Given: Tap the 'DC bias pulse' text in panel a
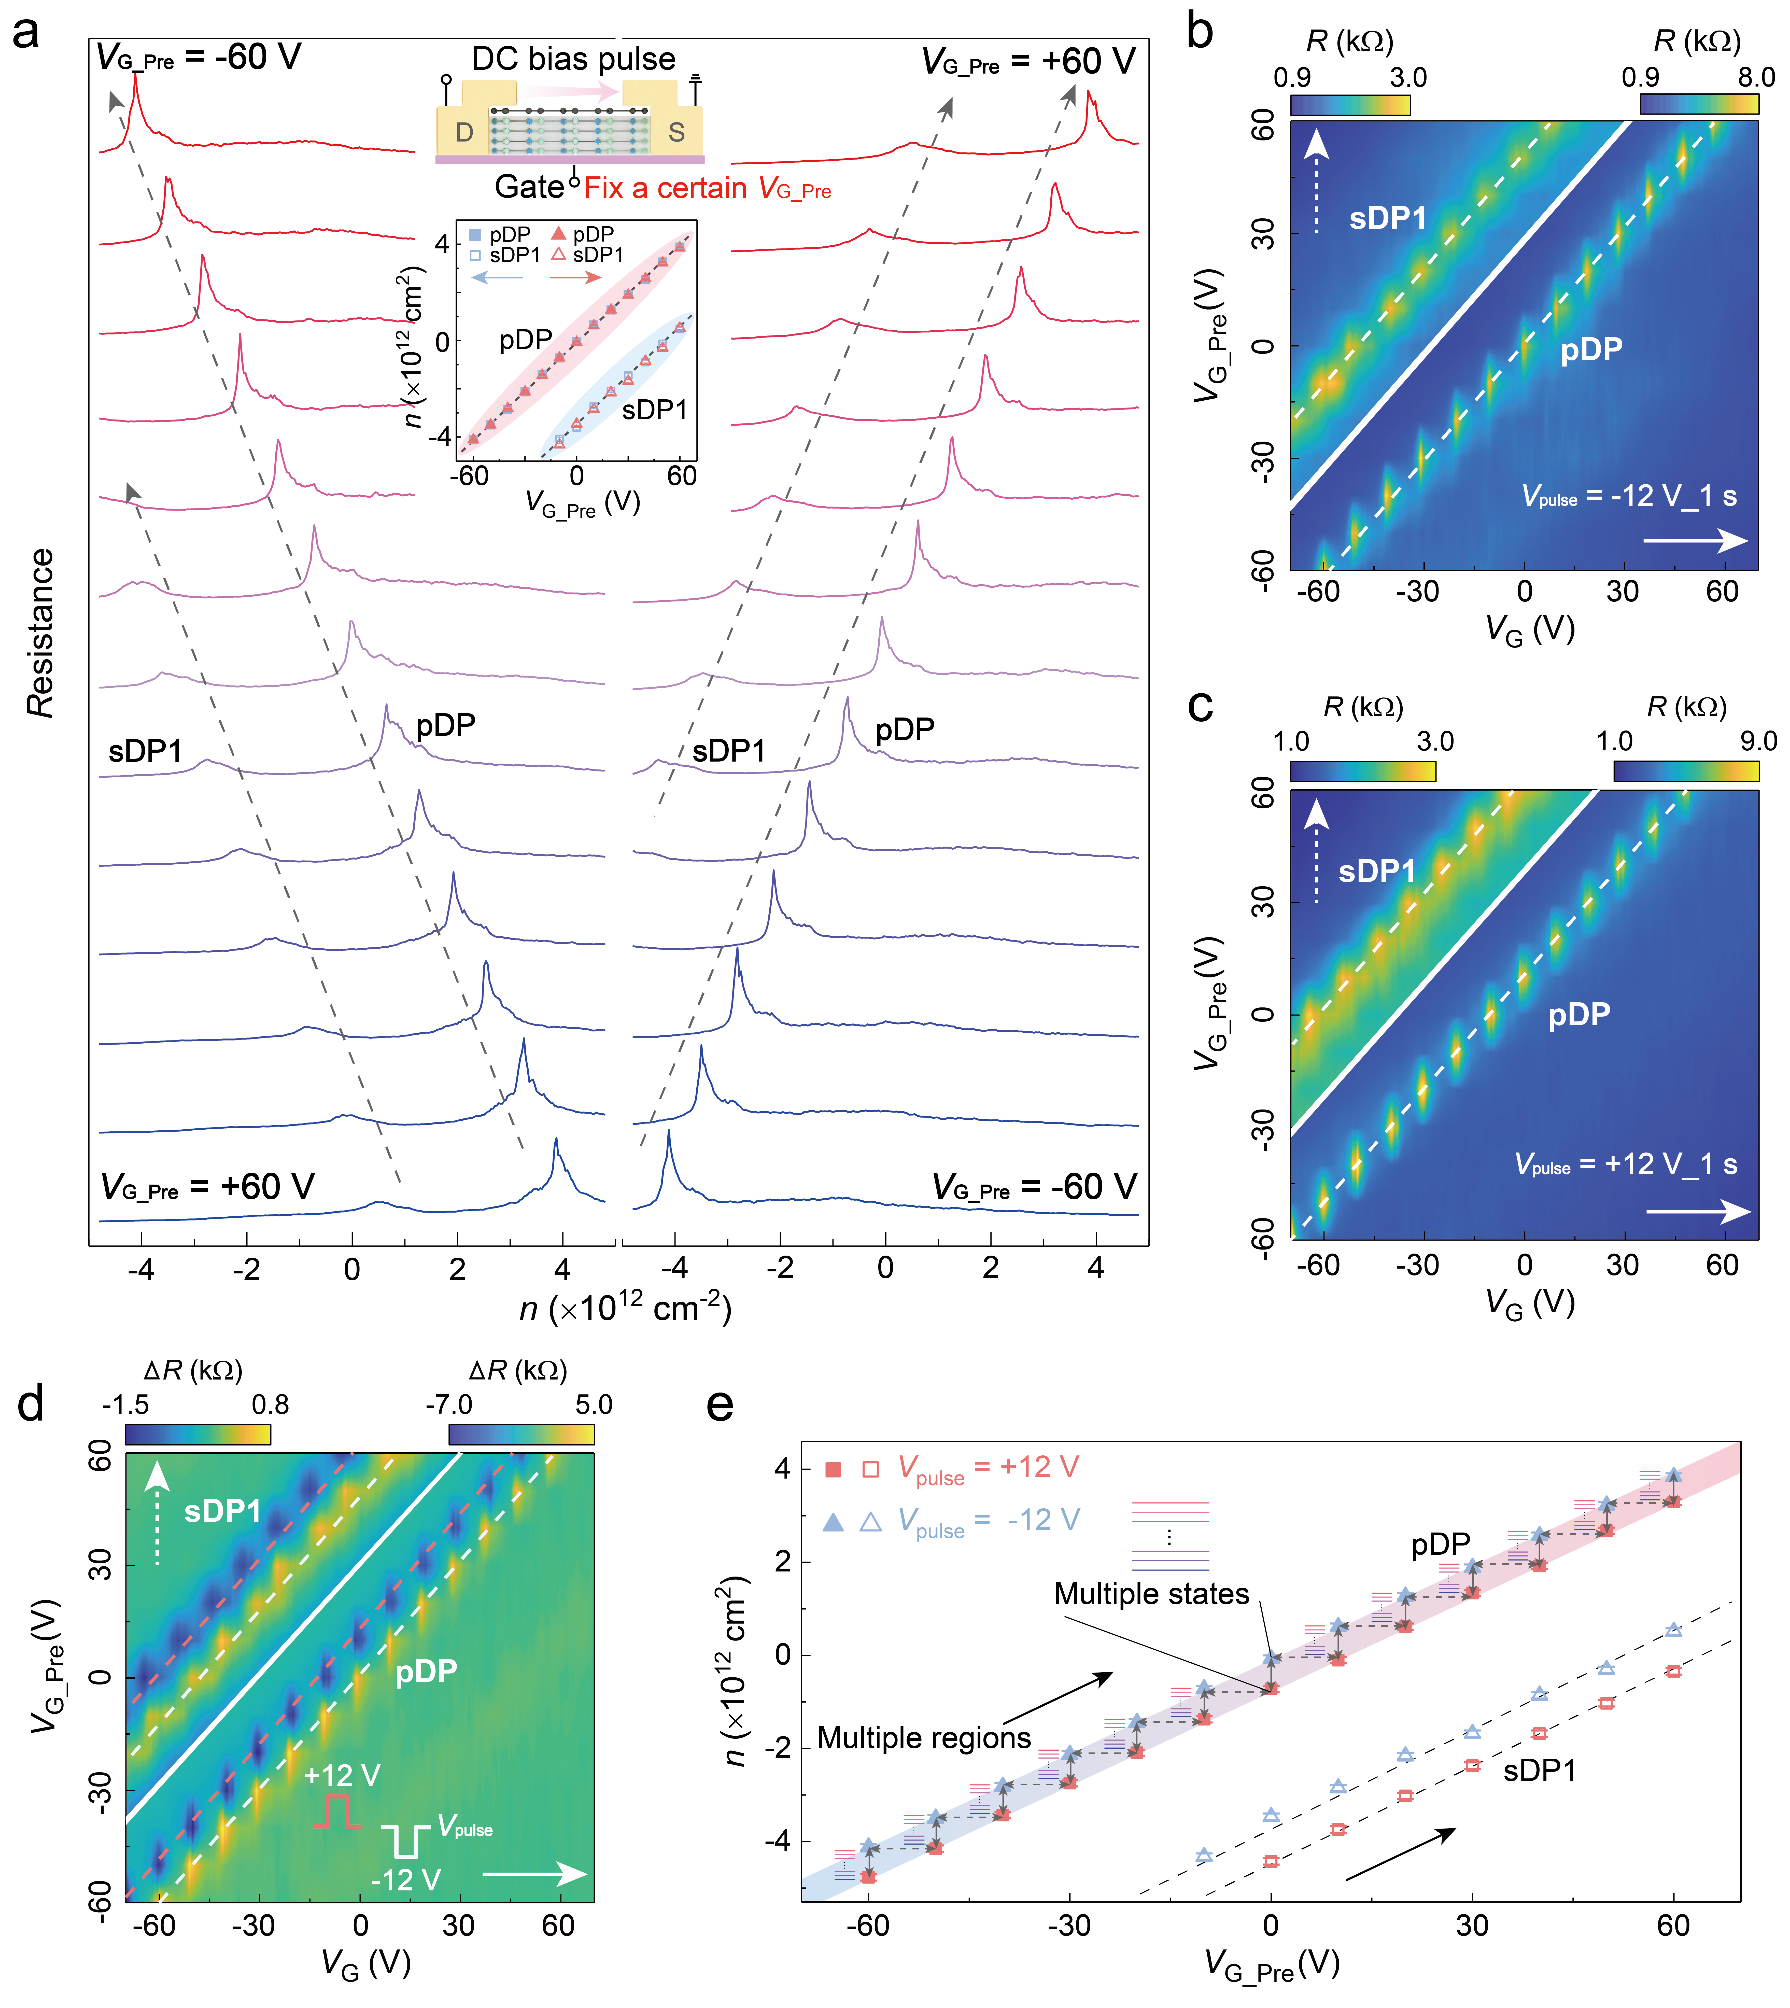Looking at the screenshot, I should click(573, 59).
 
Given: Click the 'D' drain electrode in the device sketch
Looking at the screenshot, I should click(464, 132).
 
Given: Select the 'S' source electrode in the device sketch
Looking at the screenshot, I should click(677, 132).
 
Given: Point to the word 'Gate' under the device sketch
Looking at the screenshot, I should click(528, 187).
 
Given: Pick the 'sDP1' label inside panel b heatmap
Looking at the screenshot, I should click(1387, 218).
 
